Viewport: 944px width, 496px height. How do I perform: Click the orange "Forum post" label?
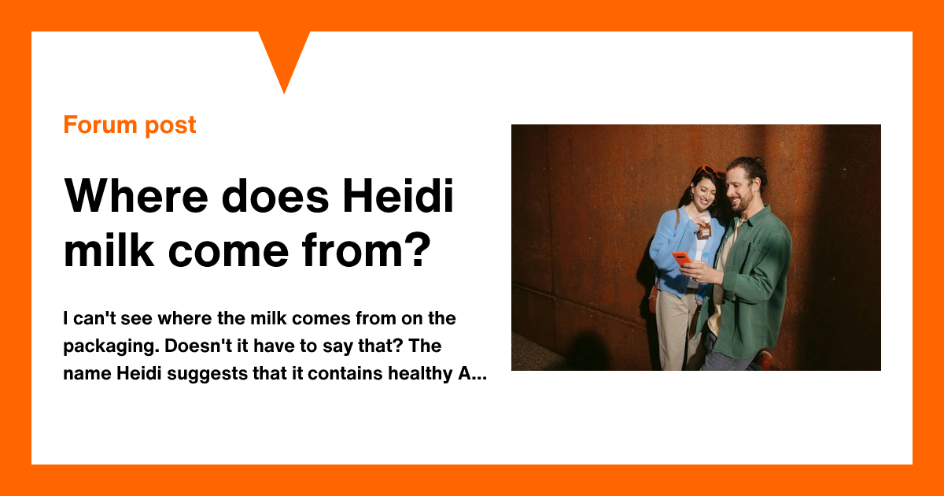pyautogui.click(x=130, y=125)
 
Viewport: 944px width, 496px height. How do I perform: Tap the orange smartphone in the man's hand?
pyautogui.click(x=682, y=258)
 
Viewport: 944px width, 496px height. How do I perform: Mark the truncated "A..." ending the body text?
pyautogui.click(x=472, y=374)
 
